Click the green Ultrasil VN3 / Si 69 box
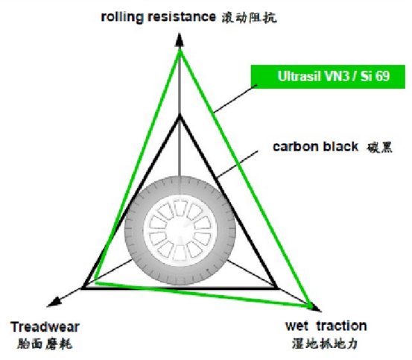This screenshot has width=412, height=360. (328, 77)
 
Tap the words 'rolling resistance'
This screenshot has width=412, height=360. (159, 17)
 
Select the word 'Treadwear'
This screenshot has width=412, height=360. (45, 327)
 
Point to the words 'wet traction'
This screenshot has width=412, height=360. (326, 326)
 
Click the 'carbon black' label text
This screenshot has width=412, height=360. (315, 147)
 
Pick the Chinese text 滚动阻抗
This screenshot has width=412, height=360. (249, 18)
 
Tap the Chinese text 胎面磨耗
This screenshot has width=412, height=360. (45, 344)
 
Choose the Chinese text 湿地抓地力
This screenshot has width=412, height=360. (325, 343)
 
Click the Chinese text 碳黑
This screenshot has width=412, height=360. (379, 148)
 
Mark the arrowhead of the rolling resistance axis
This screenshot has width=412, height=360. (180, 40)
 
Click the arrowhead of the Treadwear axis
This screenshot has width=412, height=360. (54, 303)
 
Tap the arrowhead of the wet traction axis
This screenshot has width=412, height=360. (315, 308)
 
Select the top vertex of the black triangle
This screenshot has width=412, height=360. (180, 116)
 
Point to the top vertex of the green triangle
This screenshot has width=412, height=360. (180, 51)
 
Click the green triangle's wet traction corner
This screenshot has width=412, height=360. (311, 306)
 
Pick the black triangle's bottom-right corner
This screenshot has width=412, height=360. (276, 288)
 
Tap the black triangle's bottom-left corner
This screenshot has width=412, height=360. (83, 288)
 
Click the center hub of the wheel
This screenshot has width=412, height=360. (180, 230)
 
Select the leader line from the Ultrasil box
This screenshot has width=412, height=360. (235, 99)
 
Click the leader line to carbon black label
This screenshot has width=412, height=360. (237, 164)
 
